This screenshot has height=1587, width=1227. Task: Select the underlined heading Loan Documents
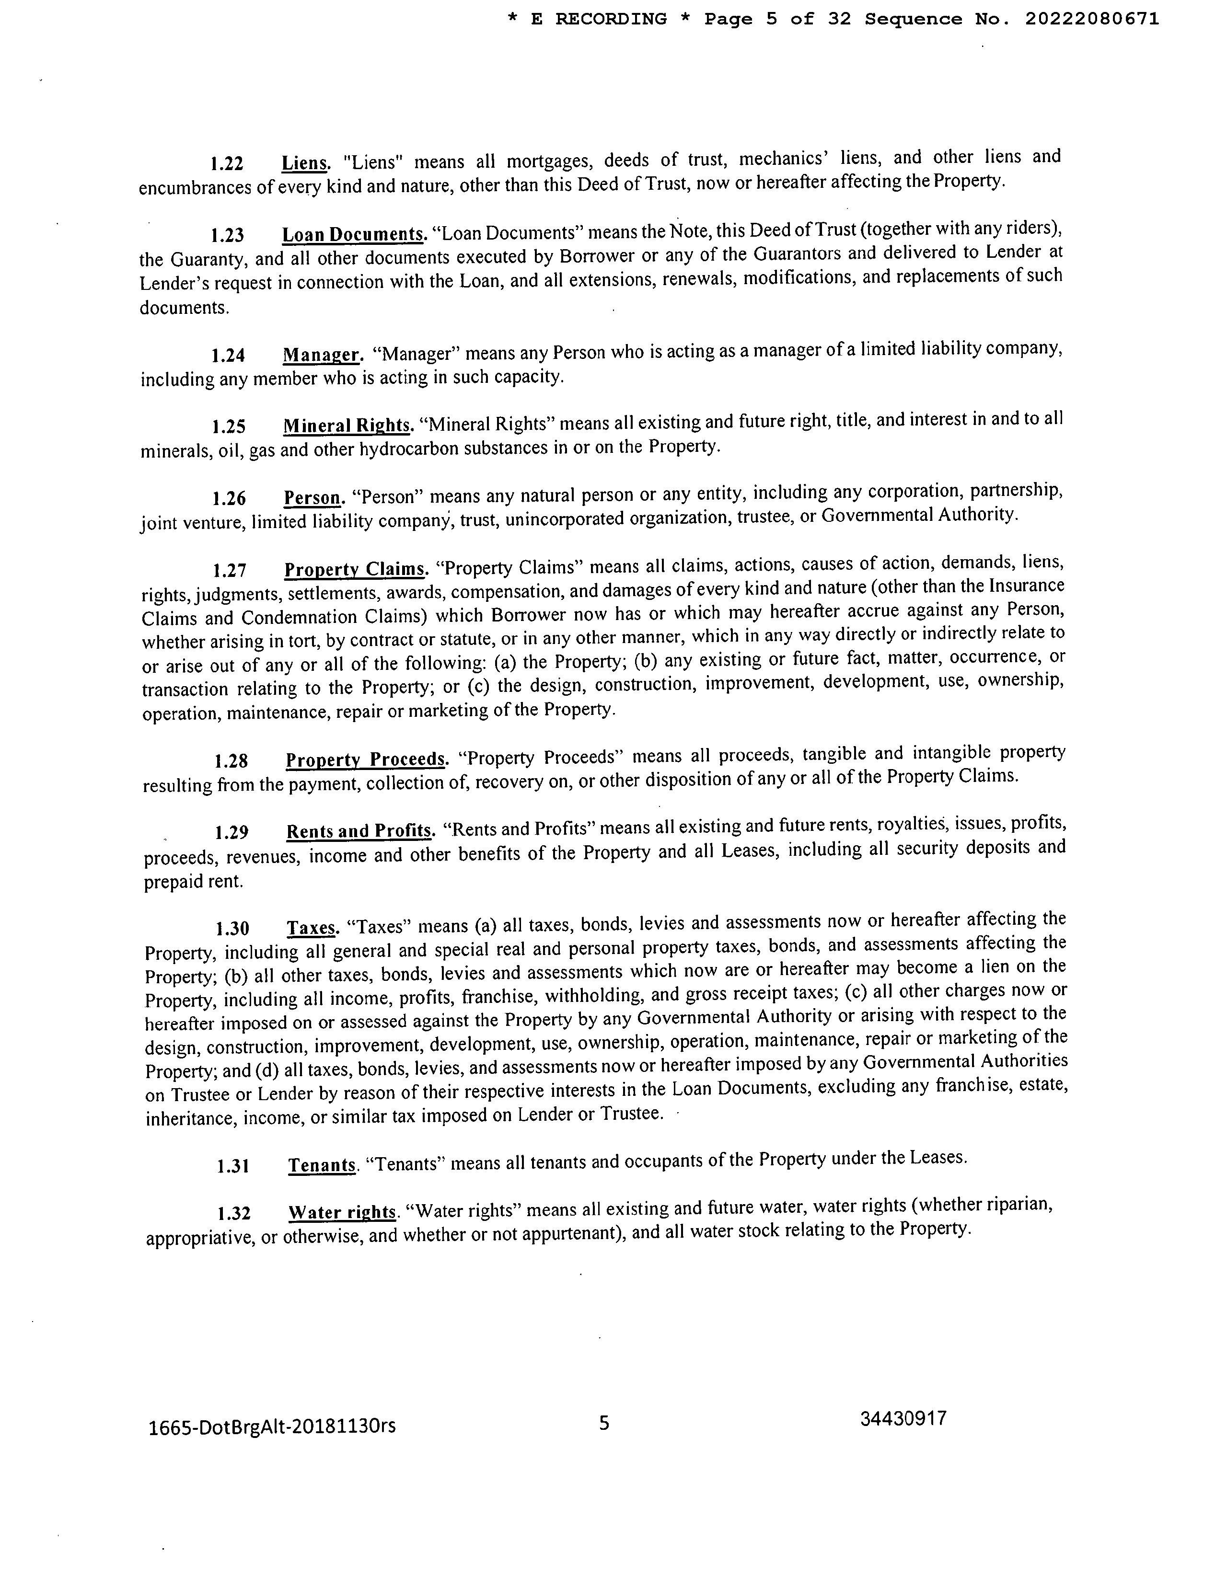tap(353, 235)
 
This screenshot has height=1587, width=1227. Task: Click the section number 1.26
tap(229, 498)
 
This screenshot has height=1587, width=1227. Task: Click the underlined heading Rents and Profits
tap(359, 830)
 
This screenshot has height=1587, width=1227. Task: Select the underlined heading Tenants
tap(322, 1165)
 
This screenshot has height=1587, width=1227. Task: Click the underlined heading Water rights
tap(342, 1213)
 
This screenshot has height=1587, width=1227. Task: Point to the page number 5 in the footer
tap(604, 1423)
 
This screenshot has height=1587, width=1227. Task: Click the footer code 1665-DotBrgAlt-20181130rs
tap(272, 1426)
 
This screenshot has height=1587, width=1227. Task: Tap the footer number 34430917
tap(903, 1418)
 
